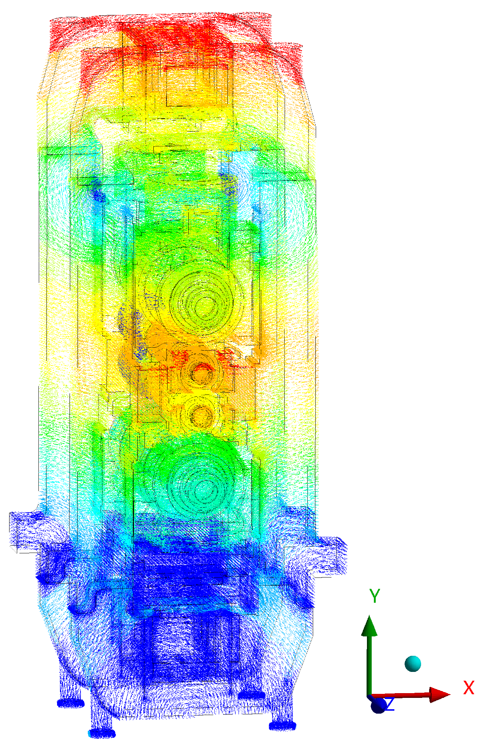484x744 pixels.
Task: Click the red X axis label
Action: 468,688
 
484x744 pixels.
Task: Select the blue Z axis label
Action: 389,704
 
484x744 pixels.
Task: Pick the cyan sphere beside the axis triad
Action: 413,663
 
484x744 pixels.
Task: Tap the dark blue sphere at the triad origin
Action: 378,705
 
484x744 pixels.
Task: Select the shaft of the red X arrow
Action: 402,695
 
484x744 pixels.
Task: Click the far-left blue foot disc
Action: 71,703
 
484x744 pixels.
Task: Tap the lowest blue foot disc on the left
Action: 102,733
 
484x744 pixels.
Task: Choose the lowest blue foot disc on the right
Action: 282,726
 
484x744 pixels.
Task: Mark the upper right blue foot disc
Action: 252,695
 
